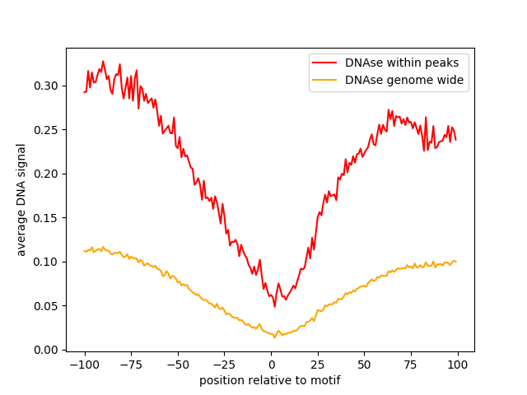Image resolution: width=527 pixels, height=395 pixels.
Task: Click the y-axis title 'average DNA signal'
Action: [21, 200]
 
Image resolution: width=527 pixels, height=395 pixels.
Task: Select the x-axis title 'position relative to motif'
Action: [270, 380]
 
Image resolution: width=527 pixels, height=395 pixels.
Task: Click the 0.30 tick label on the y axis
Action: [46, 86]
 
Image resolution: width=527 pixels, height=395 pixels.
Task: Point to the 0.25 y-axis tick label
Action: [46, 130]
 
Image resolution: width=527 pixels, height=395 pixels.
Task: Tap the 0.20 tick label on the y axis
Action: [46, 174]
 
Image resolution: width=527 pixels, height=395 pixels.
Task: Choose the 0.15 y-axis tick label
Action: [46, 218]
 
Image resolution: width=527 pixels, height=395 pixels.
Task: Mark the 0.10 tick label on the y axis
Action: [46, 262]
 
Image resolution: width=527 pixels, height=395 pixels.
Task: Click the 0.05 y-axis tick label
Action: [46, 306]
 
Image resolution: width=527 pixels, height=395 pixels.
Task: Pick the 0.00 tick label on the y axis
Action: [46, 350]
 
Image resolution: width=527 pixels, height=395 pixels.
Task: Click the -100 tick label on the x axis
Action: [84, 364]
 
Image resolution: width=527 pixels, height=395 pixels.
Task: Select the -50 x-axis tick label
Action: [178, 364]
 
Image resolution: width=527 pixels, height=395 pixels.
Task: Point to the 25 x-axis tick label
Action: [318, 364]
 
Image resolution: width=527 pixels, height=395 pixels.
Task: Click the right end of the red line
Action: [456, 139]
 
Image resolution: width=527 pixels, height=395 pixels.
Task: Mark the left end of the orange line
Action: [84, 251]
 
